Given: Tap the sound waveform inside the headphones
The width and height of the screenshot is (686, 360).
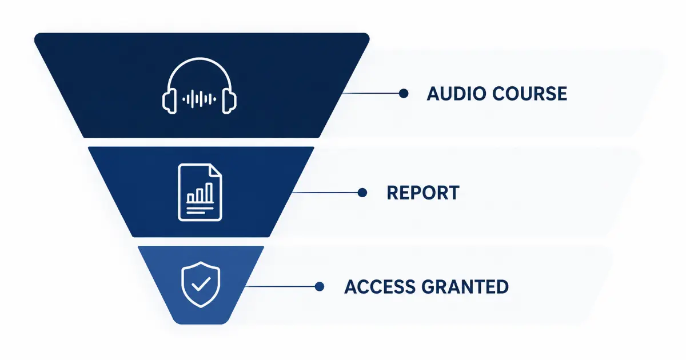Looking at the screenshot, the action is (x=200, y=99).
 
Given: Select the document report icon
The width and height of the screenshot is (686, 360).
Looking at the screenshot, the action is (x=200, y=192).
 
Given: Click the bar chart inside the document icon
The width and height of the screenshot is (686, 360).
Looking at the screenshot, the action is (x=200, y=193).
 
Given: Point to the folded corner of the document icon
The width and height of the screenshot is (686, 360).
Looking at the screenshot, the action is (x=216, y=170).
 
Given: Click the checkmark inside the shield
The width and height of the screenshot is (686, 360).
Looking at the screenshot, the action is (x=201, y=284).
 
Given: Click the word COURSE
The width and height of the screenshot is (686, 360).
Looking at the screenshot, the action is (x=530, y=94).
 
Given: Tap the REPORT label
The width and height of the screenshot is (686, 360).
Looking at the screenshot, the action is (x=423, y=193).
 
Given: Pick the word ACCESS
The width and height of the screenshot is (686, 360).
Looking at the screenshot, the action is (x=380, y=287).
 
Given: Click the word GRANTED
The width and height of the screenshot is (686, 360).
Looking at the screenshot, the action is (x=465, y=287).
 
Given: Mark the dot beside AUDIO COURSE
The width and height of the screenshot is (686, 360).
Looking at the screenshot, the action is (x=404, y=93).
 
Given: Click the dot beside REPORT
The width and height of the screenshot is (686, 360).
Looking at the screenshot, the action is (x=362, y=193).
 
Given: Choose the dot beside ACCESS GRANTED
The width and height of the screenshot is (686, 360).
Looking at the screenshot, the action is (x=320, y=286).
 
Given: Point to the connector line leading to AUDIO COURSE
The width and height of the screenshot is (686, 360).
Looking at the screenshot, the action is (x=370, y=93).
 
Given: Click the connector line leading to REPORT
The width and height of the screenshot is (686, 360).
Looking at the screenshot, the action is (x=325, y=193).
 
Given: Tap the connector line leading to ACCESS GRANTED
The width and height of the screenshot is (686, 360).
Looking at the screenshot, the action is (x=280, y=286).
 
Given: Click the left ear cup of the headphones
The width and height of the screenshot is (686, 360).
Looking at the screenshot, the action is (x=170, y=101).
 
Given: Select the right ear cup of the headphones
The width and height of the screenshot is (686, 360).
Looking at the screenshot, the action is (x=229, y=101).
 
